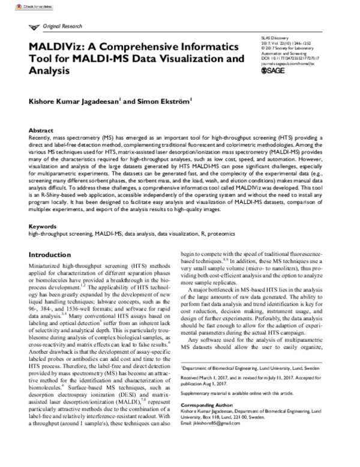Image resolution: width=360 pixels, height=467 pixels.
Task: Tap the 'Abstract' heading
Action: coord(41,129)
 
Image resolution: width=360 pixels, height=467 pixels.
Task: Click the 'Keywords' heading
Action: coord(43,227)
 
